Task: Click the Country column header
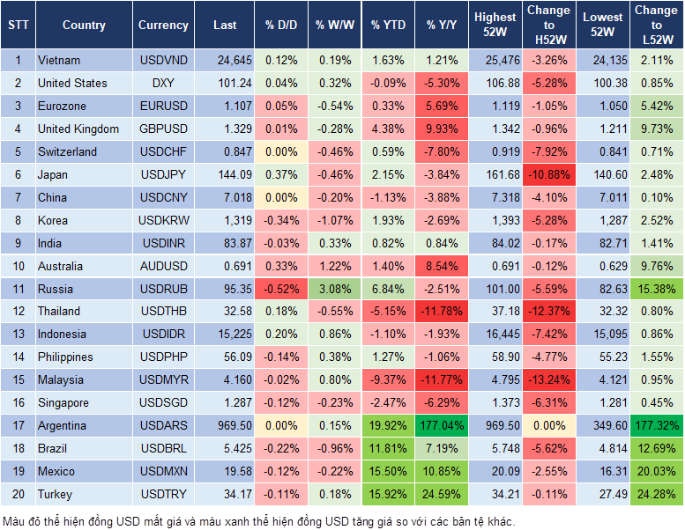tap(84, 26)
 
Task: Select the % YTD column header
tap(388, 26)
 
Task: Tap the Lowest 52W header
tap(603, 26)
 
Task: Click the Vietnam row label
tap(59, 60)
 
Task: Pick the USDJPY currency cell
tap(163, 174)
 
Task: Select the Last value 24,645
tap(224, 60)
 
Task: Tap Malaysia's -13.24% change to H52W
tap(548, 379)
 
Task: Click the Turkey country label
tap(56, 494)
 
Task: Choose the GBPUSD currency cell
tap(163, 129)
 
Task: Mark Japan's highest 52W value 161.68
tap(495, 174)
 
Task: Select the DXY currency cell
tap(163, 83)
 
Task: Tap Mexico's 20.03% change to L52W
tap(657, 471)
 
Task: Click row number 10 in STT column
tap(18, 266)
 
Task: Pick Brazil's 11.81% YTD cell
tap(388, 448)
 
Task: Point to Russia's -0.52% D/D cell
tap(280, 289)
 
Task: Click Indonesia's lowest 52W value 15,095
tap(603, 334)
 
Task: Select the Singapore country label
tap(63, 402)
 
